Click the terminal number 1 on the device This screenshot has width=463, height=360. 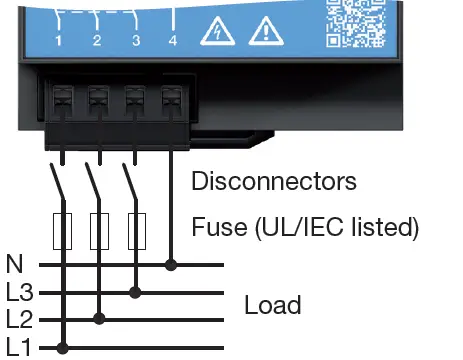click(59, 40)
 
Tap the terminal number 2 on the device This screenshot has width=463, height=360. click(97, 40)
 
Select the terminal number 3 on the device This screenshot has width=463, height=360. click(136, 40)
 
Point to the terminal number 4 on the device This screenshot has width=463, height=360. click(173, 40)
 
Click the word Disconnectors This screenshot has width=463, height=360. click(273, 182)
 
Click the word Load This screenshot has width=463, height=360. click(273, 304)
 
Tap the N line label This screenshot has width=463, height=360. click(14, 265)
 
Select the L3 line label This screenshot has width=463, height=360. click(18, 293)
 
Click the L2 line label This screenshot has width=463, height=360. click(18, 320)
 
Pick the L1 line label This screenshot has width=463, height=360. click(18, 347)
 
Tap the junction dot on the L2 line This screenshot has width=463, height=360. click(98, 320)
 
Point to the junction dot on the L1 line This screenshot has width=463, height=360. click(62, 348)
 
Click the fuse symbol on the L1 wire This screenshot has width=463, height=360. click(62, 231)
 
